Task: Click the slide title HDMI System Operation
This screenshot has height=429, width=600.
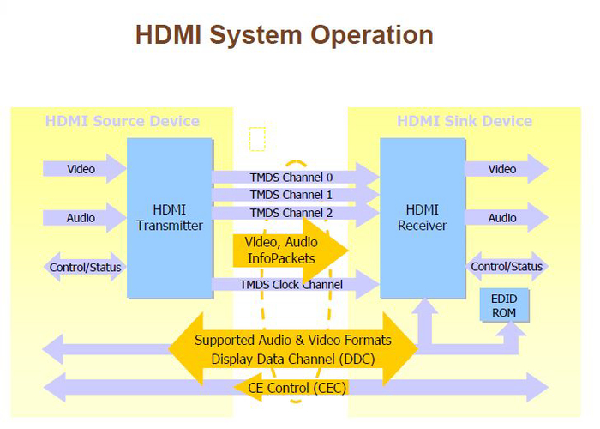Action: (284, 34)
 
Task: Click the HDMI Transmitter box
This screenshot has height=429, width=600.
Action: (170, 218)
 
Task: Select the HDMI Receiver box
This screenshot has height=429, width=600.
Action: (422, 218)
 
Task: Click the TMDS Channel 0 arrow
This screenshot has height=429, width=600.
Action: (291, 178)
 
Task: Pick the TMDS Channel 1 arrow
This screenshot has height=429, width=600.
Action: (291, 195)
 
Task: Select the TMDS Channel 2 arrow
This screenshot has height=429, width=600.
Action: (291, 212)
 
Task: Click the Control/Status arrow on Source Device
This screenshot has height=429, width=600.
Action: (85, 268)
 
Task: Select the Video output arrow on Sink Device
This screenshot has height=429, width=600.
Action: (504, 169)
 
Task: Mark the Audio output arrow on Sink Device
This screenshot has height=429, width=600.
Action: (504, 218)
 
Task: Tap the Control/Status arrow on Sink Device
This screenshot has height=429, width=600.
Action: (507, 267)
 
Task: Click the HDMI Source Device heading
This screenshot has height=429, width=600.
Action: (122, 121)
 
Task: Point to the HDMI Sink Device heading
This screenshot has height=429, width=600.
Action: (464, 121)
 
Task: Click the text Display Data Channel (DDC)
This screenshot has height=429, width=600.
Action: (292, 358)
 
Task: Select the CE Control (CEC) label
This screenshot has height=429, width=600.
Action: (296, 387)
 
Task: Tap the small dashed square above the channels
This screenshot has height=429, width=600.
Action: (257, 139)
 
